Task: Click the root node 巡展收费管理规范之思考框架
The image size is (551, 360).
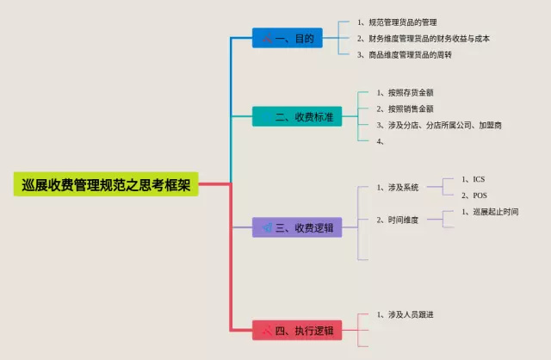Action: point(106,183)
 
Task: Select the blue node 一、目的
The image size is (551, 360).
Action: point(288,39)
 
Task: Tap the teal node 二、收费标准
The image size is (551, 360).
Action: point(297,116)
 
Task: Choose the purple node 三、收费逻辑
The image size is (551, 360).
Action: point(297,227)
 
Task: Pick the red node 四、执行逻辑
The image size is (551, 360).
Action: point(297,330)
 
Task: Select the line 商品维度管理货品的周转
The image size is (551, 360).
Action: point(405,55)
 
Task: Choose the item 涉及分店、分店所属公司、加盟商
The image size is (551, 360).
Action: point(439,125)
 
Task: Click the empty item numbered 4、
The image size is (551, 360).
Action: point(381,141)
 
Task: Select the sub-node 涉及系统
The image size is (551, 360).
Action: point(398,187)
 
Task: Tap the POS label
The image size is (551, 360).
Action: point(480,196)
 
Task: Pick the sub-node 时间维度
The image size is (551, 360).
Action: point(398,220)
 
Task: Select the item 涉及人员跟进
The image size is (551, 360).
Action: point(405,314)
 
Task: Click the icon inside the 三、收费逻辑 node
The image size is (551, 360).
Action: point(267,227)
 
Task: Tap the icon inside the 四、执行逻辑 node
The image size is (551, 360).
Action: point(267,330)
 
